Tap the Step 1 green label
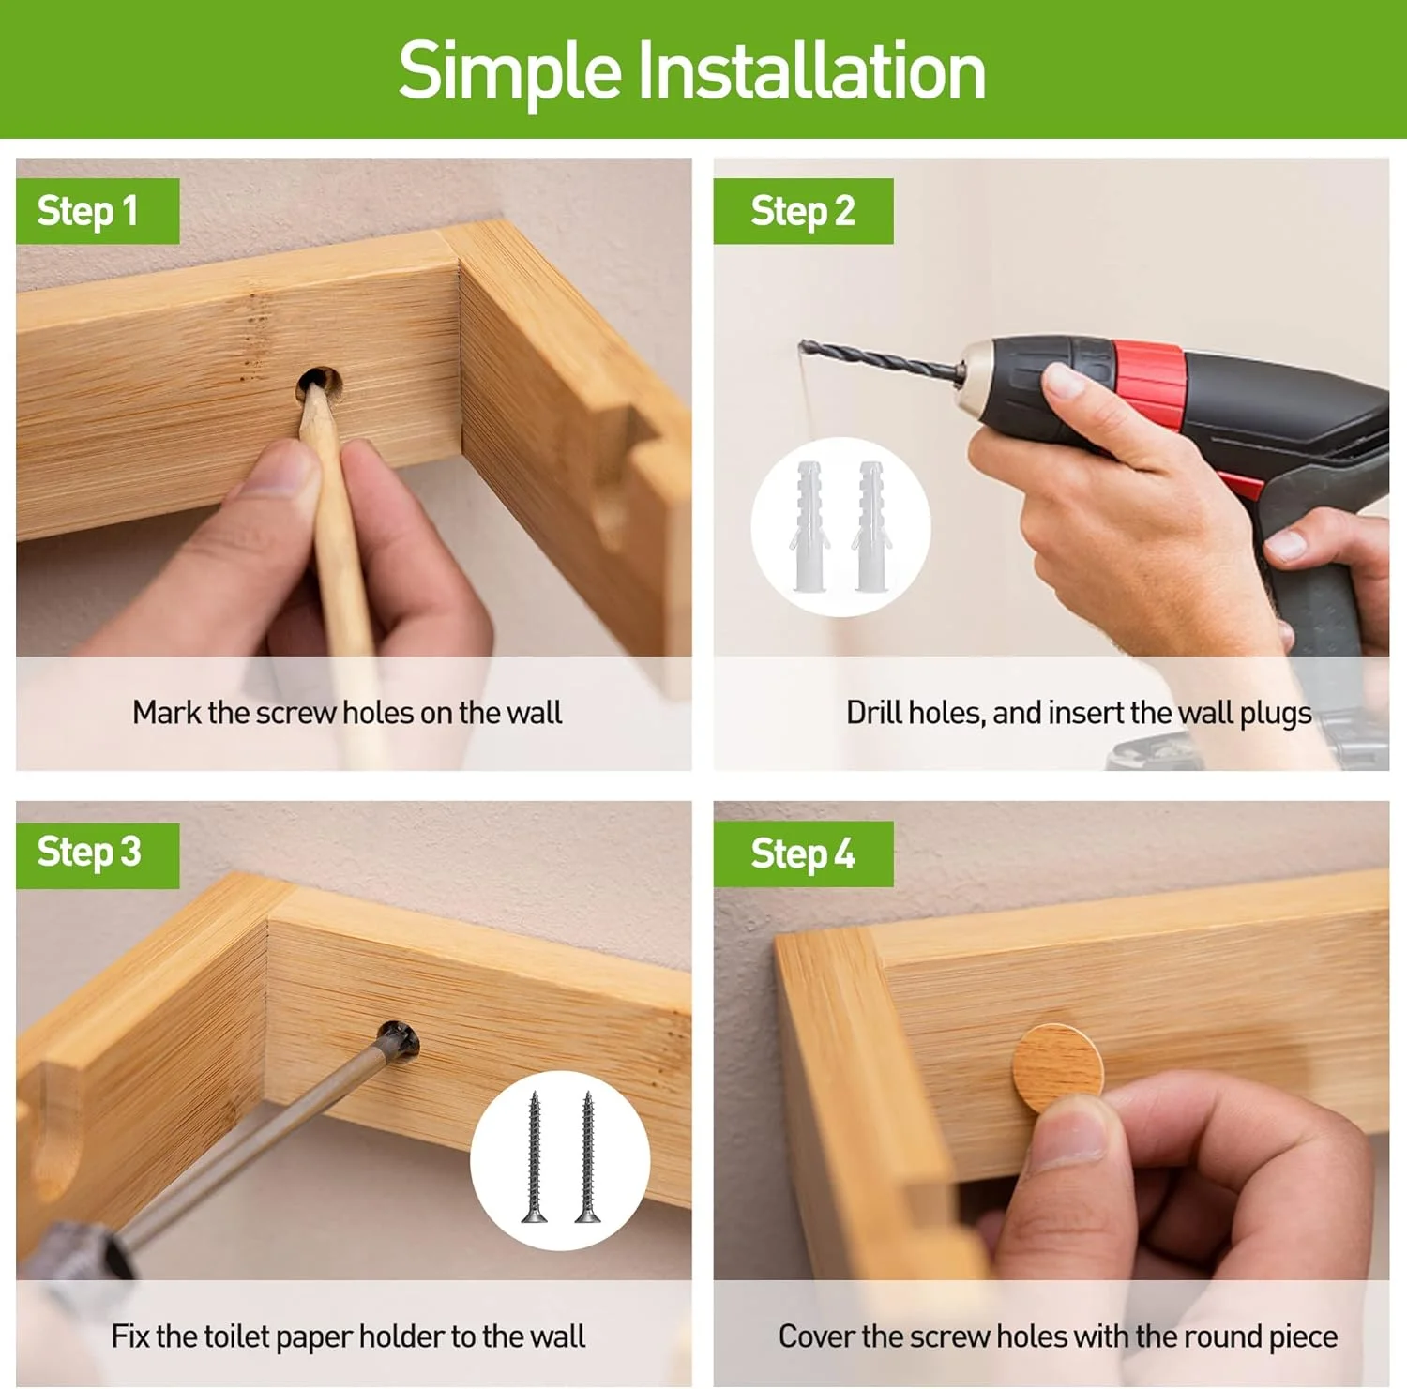tap(98, 211)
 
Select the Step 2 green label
tap(803, 211)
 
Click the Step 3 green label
tap(98, 854)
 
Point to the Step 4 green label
tap(803, 854)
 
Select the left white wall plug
tap(809, 525)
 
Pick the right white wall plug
tap(871, 525)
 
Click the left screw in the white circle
tap(534, 1157)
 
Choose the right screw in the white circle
tap(587, 1157)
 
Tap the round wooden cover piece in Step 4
tap(1058, 1066)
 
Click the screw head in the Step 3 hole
tap(398, 1041)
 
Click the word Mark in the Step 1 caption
tap(166, 713)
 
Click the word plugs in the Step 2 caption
tap(1276, 715)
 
